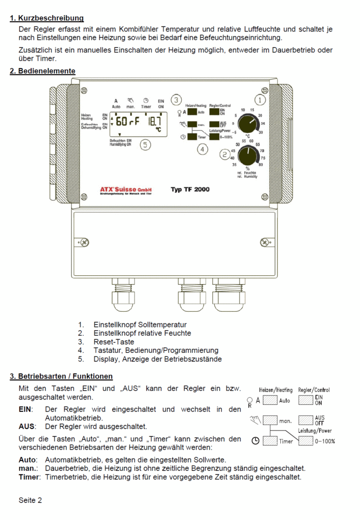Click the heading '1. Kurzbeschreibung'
pos(47,18)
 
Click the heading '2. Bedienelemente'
pos(43,71)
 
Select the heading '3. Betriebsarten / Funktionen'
pos(61,376)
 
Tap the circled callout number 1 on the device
pos(260,100)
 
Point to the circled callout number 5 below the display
pos(146,145)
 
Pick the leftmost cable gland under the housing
pos(122,296)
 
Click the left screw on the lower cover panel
pos(85,244)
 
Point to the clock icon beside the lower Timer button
pos(254,441)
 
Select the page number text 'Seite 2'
pos(30,500)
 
